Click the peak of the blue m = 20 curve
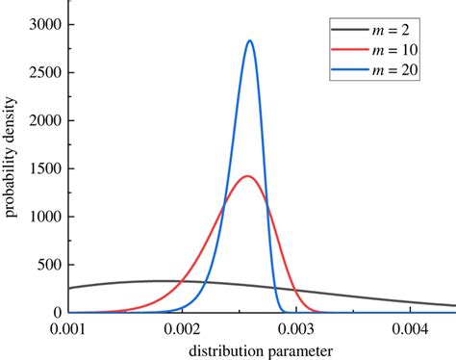coord(250,41)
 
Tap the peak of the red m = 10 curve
coord(247,176)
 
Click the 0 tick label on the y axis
coord(55,313)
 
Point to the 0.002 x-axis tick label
coord(183,328)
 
